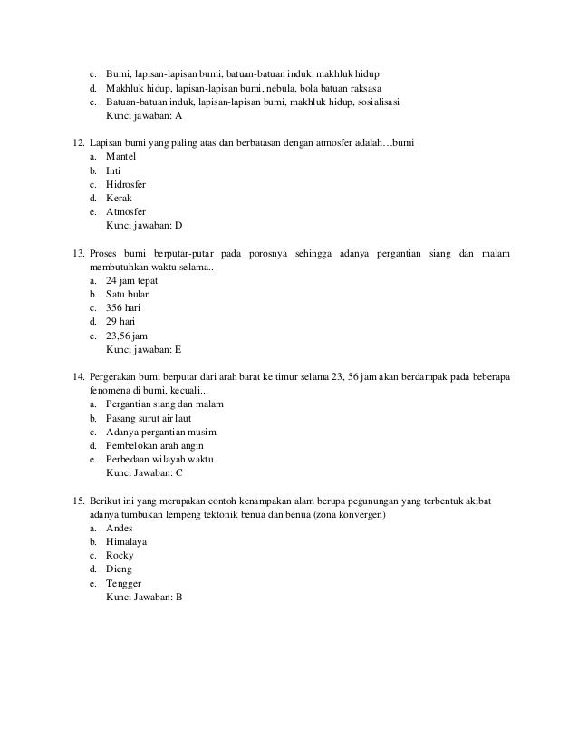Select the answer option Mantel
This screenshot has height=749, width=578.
pos(120,157)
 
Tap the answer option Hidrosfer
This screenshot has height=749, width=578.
pos(126,184)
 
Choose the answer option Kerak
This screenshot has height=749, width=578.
pos(119,198)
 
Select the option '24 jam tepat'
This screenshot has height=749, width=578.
pos(131,280)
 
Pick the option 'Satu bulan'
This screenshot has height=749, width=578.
pos(128,294)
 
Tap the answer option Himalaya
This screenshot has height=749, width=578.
pos(126,541)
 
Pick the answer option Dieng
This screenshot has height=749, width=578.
pos(119,569)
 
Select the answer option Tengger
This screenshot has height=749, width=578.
pos(123,582)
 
